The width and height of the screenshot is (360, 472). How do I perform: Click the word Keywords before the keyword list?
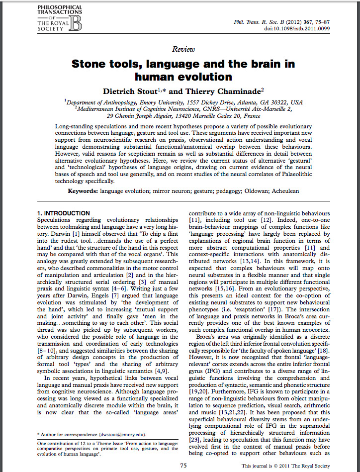[x=83, y=190]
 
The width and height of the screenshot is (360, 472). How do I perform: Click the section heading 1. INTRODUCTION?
[x=64, y=213]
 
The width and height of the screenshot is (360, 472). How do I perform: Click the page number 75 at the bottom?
[x=183, y=466]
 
